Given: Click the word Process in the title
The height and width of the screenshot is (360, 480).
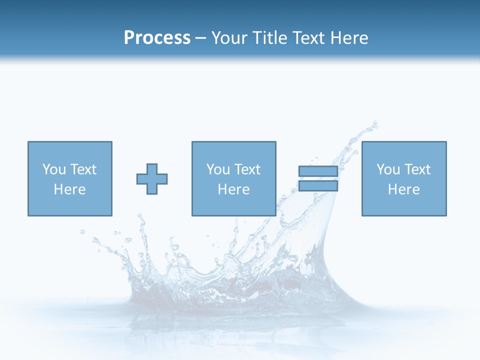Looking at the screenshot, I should (x=157, y=38).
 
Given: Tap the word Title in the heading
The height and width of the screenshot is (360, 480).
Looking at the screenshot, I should (x=269, y=38).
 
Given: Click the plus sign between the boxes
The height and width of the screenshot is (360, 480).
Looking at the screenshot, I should (x=152, y=179).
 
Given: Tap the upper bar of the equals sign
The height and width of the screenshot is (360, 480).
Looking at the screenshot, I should (x=318, y=171).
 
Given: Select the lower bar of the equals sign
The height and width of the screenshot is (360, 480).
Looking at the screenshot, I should (x=318, y=186).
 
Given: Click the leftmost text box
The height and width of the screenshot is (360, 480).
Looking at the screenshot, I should (x=69, y=178).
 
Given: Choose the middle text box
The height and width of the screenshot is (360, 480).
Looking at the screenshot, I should (x=233, y=178).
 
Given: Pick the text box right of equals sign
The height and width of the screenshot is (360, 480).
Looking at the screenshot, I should (x=403, y=178).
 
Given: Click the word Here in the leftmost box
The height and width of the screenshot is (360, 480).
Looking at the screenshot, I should (x=69, y=189).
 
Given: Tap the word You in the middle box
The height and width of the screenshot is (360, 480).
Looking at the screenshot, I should (x=218, y=169).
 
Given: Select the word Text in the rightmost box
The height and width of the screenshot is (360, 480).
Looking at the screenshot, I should (x=417, y=169).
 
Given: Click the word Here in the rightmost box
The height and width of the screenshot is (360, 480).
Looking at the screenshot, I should (x=403, y=189).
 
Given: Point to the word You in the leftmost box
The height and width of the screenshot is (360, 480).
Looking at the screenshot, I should (x=54, y=169).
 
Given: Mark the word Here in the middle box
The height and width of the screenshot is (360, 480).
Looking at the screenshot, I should (x=233, y=189).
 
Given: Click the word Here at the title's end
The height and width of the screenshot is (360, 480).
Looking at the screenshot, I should (x=350, y=38).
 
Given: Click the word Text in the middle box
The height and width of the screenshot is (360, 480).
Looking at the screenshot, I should (x=247, y=169).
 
